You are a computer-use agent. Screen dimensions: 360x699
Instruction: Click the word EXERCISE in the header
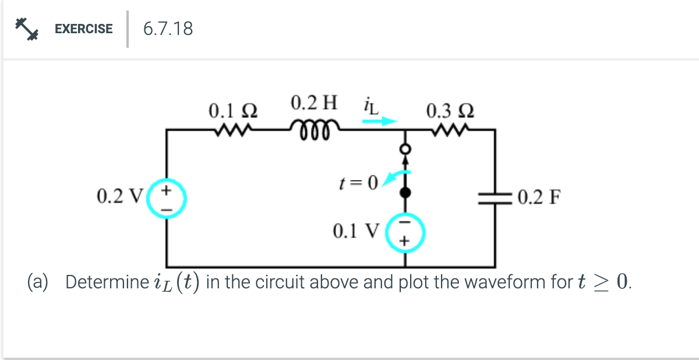[x=83, y=29]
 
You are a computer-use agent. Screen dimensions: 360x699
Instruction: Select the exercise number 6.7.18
[x=168, y=29]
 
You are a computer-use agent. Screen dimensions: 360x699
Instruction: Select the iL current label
[x=370, y=106]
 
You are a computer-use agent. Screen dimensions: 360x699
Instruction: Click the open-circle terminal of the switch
[x=403, y=150]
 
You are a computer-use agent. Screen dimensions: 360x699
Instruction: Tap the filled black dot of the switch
[x=403, y=191]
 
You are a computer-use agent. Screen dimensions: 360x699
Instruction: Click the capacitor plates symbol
[x=495, y=197]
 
